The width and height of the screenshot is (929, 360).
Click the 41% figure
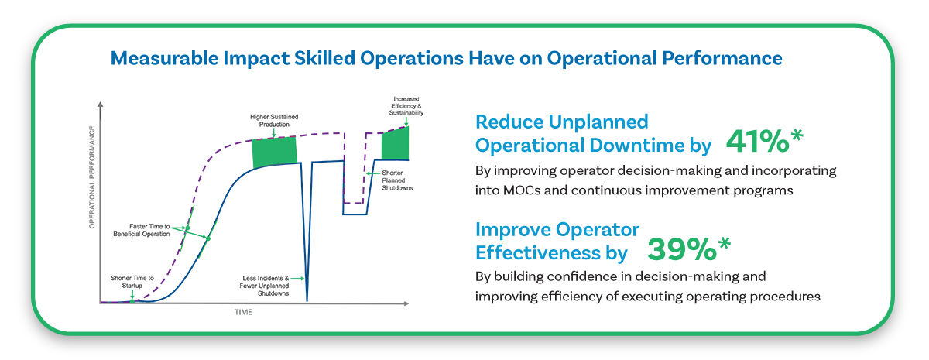(x=757, y=142)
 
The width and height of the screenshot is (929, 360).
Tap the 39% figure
(x=682, y=249)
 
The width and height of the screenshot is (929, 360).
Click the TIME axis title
(x=243, y=312)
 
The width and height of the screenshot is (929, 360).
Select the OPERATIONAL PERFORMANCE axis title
(x=92, y=177)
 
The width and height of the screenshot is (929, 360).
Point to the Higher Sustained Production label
(x=274, y=121)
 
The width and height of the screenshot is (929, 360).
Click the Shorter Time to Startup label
(x=132, y=282)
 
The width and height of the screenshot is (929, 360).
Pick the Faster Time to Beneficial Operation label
(x=142, y=230)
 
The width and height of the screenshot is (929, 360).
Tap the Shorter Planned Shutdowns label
(x=397, y=180)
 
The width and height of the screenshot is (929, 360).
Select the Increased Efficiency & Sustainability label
(x=406, y=106)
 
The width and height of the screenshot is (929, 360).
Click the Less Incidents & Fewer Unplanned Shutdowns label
(x=264, y=286)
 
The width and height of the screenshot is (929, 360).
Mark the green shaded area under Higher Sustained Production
(x=275, y=152)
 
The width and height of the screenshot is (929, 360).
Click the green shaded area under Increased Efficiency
(x=396, y=143)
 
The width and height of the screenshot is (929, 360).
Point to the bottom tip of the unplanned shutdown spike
(x=307, y=300)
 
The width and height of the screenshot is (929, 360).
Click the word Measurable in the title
(x=164, y=58)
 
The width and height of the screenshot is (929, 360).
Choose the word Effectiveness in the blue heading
(x=538, y=252)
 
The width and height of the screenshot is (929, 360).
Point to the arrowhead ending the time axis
(x=406, y=303)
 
